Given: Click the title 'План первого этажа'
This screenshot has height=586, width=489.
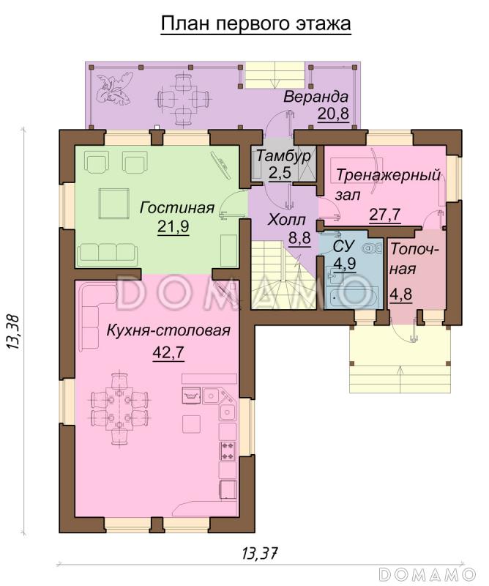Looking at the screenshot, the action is point(256,23).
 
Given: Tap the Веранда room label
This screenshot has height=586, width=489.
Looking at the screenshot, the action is point(316,97).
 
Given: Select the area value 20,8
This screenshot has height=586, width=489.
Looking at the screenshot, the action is point(333,114).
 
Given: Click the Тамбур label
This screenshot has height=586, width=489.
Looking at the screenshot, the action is point(283,155).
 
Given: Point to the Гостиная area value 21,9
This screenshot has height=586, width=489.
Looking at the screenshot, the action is point(173,226).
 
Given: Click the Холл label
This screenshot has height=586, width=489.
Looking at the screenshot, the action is point(286,220).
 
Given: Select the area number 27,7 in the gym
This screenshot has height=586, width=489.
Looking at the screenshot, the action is point(385,215).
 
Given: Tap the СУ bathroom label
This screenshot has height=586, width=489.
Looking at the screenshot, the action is point(343,247).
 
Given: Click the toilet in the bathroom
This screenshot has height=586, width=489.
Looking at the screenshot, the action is point(373,248).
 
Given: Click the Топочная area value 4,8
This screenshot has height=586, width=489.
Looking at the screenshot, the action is point(401,294).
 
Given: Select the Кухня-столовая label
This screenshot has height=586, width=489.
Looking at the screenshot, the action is point(168,330).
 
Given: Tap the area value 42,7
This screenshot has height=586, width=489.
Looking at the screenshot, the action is point(168,352).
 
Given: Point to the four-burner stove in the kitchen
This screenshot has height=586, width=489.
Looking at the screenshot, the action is point(228,451).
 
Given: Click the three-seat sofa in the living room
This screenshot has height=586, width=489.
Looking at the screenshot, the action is point(107,252).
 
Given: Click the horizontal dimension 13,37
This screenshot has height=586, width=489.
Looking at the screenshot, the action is point(261,552).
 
